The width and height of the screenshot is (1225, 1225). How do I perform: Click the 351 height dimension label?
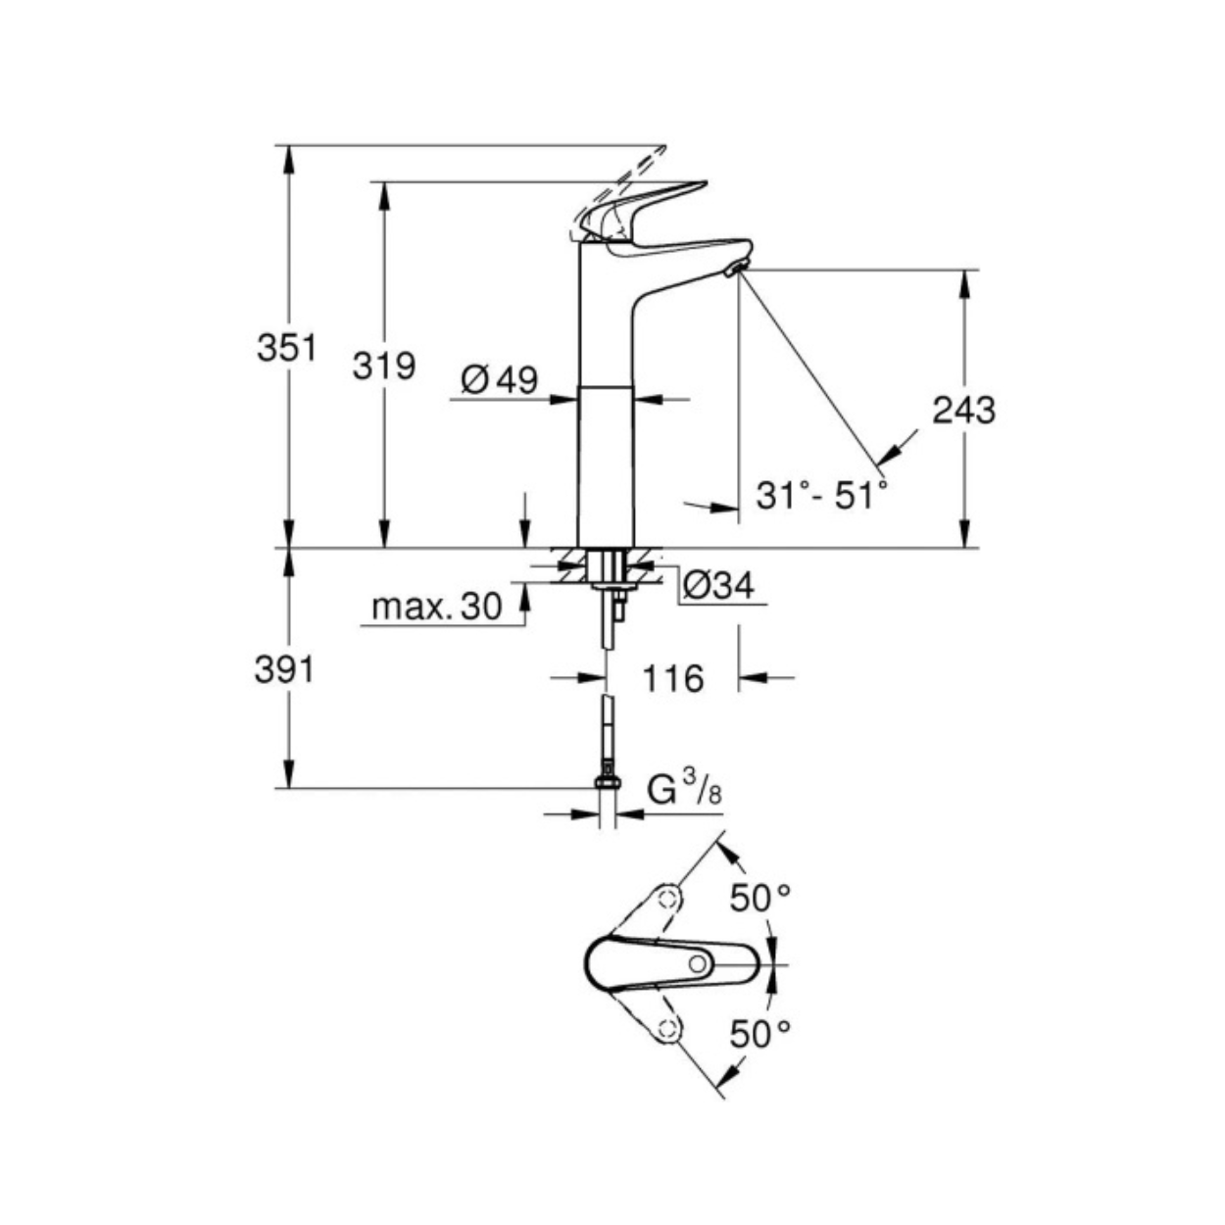coord(286,348)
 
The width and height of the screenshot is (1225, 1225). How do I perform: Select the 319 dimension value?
coord(384,366)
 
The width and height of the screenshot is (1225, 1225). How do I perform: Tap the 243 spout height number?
coord(963,411)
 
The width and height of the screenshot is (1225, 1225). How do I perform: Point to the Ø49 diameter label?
coord(500,379)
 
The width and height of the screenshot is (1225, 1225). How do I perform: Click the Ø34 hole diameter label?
coord(719,585)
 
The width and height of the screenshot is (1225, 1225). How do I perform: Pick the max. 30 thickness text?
coord(437,607)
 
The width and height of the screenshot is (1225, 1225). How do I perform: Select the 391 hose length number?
coord(284,670)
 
